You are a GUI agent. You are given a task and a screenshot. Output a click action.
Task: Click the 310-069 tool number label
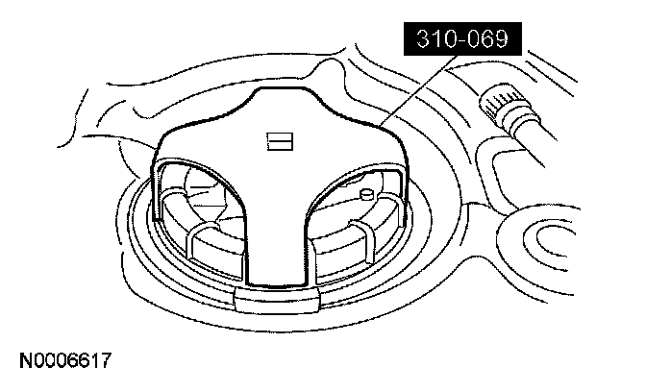(x=462, y=38)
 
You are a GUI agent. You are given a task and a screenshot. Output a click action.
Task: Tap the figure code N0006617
(x=65, y=360)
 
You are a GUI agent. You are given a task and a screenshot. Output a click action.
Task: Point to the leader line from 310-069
(x=419, y=89)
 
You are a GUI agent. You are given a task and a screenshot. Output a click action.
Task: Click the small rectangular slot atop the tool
(x=280, y=141)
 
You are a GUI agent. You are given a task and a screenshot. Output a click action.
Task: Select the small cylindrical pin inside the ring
(x=365, y=193)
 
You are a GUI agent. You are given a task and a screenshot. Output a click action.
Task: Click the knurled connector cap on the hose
(x=498, y=104)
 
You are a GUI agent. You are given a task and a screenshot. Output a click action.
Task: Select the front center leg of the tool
(x=277, y=243)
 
